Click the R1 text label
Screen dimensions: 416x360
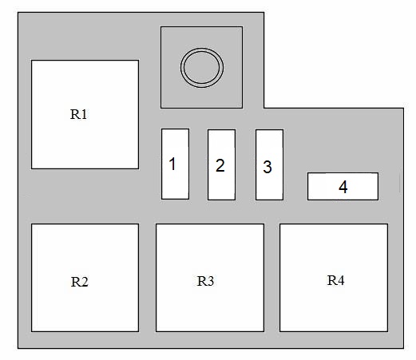pyautogui.click(x=79, y=114)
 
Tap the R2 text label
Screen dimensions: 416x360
pyautogui.click(x=80, y=282)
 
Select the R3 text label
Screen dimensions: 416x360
pyautogui.click(x=205, y=281)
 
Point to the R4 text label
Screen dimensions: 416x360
pyautogui.click(x=335, y=280)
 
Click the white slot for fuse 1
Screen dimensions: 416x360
pyautogui.click(x=176, y=164)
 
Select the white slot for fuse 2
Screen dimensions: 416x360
pyautogui.click(x=221, y=164)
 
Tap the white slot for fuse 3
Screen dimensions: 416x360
pyautogui.click(x=269, y=164)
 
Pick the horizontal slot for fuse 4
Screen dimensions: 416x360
pyautogui.click(x=343, y=186)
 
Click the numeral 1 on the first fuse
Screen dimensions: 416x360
pyautogui.click(x=172, y=164)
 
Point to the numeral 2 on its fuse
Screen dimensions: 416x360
pyautogui.click(x=220, y=165)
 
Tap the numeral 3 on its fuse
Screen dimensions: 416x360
pyautogui.click(x=267, y=167)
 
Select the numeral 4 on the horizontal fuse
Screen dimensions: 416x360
pyautogui.click(x=343, y=187)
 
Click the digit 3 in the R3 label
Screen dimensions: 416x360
pyautogui.click(x=210, y=281)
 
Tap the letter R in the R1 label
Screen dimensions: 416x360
pyautogui.click(x=74, y=114)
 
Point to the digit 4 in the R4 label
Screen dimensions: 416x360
pyautogui.click(x=340, y=280)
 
